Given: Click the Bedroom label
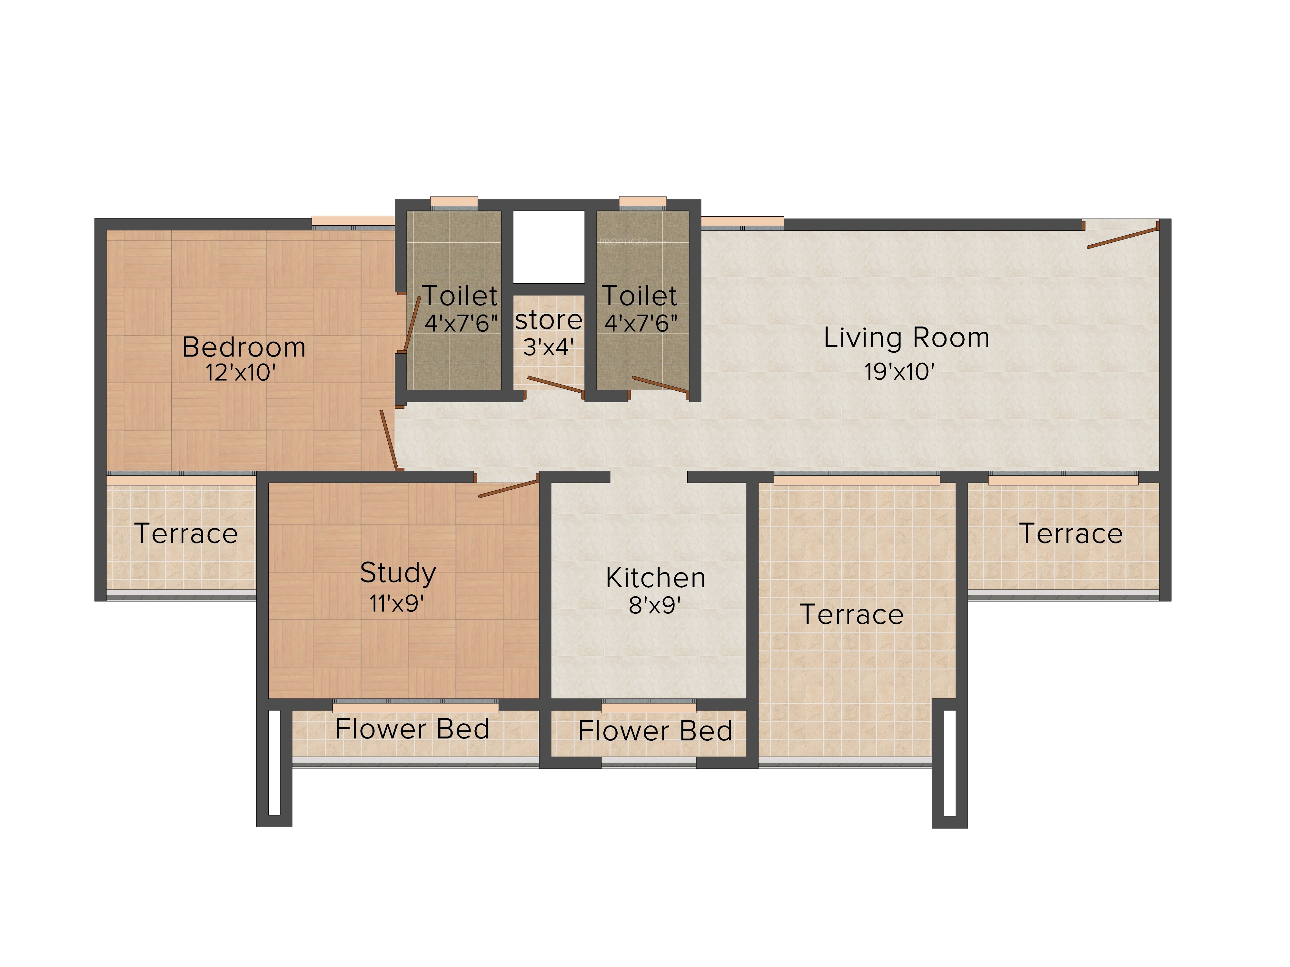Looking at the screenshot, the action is tap(244, 347).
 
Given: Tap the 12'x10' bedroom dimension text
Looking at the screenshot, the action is tap(240, 373).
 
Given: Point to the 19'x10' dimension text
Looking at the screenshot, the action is tap(899, 371).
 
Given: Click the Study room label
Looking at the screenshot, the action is tap(398, 573).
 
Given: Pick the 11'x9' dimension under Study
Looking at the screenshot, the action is tap(397, 603).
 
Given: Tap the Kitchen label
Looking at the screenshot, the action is tap(656, 578).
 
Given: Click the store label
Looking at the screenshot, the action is tap(548, 320).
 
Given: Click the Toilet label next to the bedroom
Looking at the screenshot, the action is tap(460, 296).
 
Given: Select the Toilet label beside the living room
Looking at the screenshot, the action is tap(639, 296).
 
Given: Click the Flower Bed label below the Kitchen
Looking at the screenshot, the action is tap(655, 731).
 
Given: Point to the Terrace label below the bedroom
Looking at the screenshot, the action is tap(186, 534).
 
